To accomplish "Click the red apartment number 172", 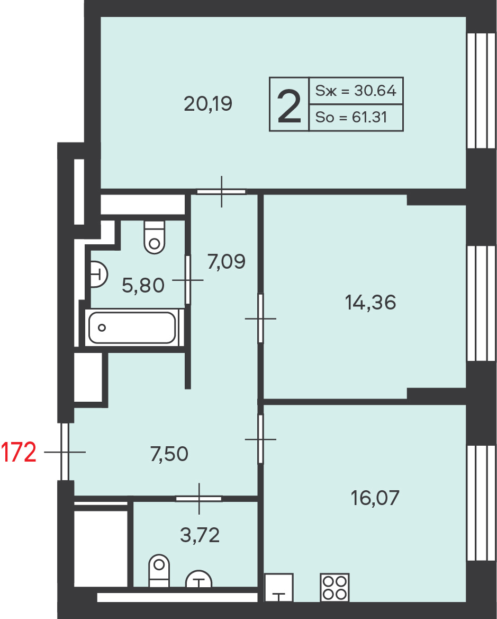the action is pyautogui.click(x=19, y=452).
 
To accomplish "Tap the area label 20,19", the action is pyautogui.click(x=208, y=104).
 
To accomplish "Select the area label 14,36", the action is pyautogui.click(x=371, y=303).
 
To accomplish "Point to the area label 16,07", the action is pyautogui.click(x=375, y=498).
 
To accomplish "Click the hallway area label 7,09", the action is pyautogui.click(x=227, y=262).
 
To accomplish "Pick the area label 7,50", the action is pyautogui.click(x=169, y=454).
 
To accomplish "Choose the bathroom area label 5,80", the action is pyautogui.click(x=143, y=286).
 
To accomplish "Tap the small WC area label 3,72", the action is pyautogui.click(x=200, y=535).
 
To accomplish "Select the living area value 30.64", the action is pyautogui.click(x=375, y=91).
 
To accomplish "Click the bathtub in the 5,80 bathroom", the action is pyautogui.click(x=132, y=328).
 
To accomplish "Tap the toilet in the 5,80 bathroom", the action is pyautogui.click(x=154, y=237).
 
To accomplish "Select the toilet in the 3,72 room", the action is pyautogui.click(x=159, y=571).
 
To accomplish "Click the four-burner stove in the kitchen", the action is pyautogui.click(x=335, y=587).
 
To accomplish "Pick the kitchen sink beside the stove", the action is pyautogui.click(x=278, y=587).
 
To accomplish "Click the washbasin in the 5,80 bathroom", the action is pyautogui.click(x=99, y=273).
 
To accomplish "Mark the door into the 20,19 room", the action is pyautogui.click(x=221, y=191).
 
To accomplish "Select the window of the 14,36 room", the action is pyautogui.click(x=481, y=303).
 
